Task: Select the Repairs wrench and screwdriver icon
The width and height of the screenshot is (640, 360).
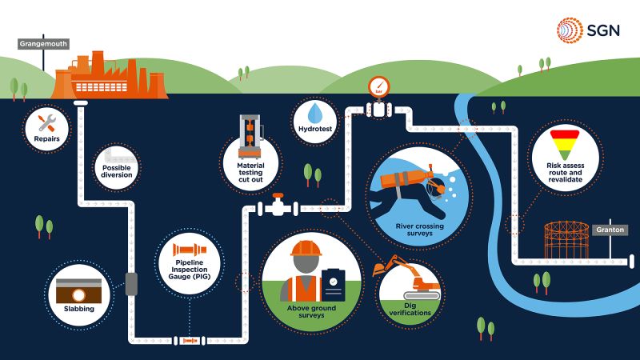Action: [x=46, y=122]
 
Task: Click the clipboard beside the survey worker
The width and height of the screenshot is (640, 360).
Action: [x=332, y=283]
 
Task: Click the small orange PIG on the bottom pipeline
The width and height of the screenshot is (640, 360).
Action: [x=190, y=341]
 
